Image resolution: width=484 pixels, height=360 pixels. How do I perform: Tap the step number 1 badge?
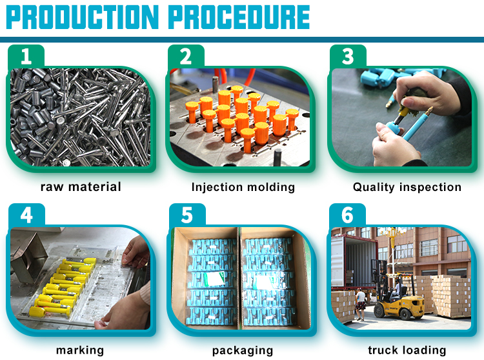[26, 57]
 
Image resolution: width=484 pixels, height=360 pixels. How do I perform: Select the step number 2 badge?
[187, 57]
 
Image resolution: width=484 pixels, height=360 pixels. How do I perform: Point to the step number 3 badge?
[348, 57]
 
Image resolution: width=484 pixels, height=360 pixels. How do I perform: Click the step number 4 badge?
[26, 215]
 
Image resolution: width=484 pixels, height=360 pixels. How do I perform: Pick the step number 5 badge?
[187, 215]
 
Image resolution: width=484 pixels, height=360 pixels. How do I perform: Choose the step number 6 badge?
[348, 215]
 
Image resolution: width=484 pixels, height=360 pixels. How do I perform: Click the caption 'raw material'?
[81, 187]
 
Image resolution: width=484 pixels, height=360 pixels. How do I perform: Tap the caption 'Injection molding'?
[243, 188]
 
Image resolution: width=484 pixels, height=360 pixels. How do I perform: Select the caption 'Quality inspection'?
[407, 188]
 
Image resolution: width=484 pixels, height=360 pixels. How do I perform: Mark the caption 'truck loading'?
[407, 350]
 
